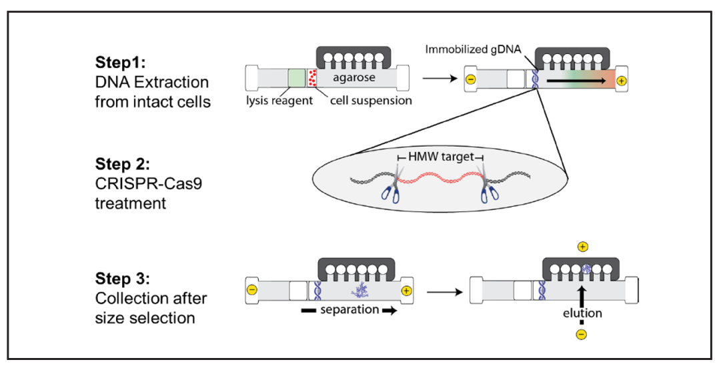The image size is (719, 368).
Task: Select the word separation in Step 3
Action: [x=349, y=310]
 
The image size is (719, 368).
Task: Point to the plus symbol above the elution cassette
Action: [x=582, y=247]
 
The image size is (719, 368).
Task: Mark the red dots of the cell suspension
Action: [x=311, y=77]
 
